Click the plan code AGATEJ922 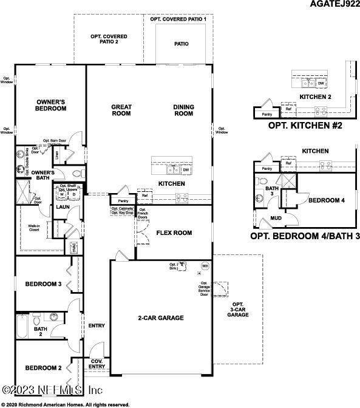coord(333,5)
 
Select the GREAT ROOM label coord(121,110)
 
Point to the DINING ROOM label coord(183,110)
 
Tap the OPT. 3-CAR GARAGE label coord(238,309)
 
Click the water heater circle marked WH coord(205,266)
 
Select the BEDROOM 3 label coord(43,284)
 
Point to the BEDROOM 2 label coord(43,368)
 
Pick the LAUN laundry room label coord(63,207)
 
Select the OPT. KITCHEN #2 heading coord(305,126)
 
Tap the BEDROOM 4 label coord(326,200)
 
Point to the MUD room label coord(276,217)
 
